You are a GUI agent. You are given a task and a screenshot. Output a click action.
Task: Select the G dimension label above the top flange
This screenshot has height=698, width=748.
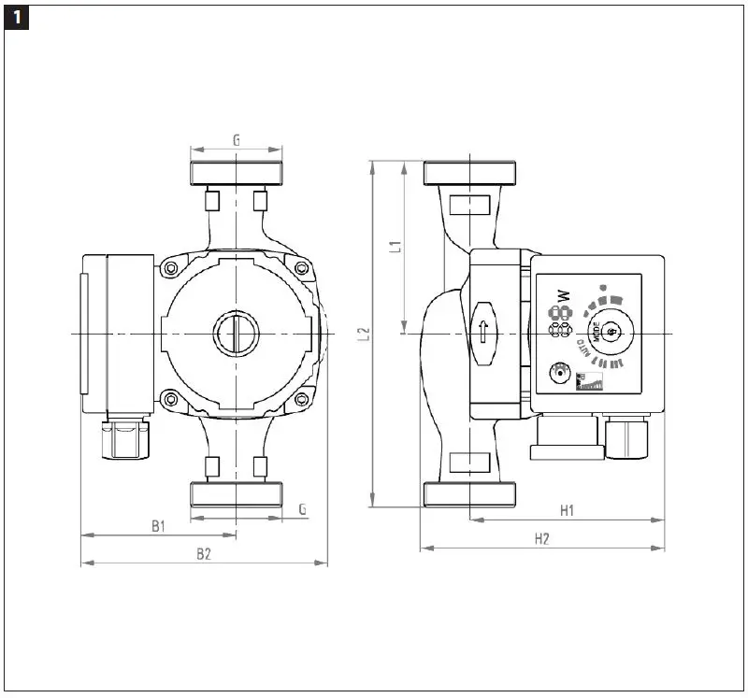[236, 140]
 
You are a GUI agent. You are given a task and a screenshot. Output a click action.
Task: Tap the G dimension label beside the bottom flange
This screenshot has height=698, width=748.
[302, 509]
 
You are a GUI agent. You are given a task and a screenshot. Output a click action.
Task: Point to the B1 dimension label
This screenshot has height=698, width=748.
[159, 527]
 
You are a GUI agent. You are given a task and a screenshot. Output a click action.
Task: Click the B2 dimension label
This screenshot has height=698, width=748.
[204, 554]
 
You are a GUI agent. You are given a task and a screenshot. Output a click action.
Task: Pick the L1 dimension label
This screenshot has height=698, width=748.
[395, 247]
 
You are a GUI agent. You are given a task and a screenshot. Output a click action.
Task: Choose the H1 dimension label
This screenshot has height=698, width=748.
[567, 510]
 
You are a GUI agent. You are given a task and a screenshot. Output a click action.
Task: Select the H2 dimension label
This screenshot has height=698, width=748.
[541, 539]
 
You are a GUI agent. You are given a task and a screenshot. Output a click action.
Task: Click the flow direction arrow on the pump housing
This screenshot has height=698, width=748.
[482, 332]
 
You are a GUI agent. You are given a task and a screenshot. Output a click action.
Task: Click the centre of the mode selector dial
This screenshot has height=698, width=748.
[611, 331]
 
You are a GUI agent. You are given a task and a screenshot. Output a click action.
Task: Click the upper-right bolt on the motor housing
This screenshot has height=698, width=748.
[302, 269]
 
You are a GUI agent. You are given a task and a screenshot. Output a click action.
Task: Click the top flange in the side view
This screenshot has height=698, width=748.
[468, 173]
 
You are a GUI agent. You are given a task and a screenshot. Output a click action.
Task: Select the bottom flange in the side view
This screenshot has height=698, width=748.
[468, 494]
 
